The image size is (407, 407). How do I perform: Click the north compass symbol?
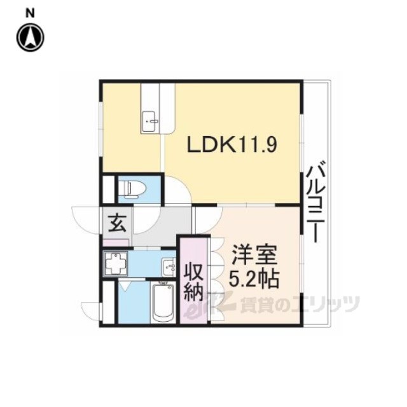[31, 37]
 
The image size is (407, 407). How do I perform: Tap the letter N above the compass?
[31, 14]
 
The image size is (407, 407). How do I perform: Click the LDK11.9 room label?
[232, 145]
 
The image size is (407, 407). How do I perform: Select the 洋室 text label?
[254, 256]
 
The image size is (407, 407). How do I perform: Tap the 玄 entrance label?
[117, 223]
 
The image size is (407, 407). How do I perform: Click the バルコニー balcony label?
[316, 202]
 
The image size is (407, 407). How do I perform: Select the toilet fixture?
[135, 189]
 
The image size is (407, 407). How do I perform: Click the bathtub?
[163, 303]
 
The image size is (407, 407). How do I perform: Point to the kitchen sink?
[150, 121]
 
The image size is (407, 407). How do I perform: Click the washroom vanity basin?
[169, 267]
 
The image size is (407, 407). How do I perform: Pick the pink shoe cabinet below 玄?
[116, 243]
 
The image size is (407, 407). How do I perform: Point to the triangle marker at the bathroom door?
[125, 286]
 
